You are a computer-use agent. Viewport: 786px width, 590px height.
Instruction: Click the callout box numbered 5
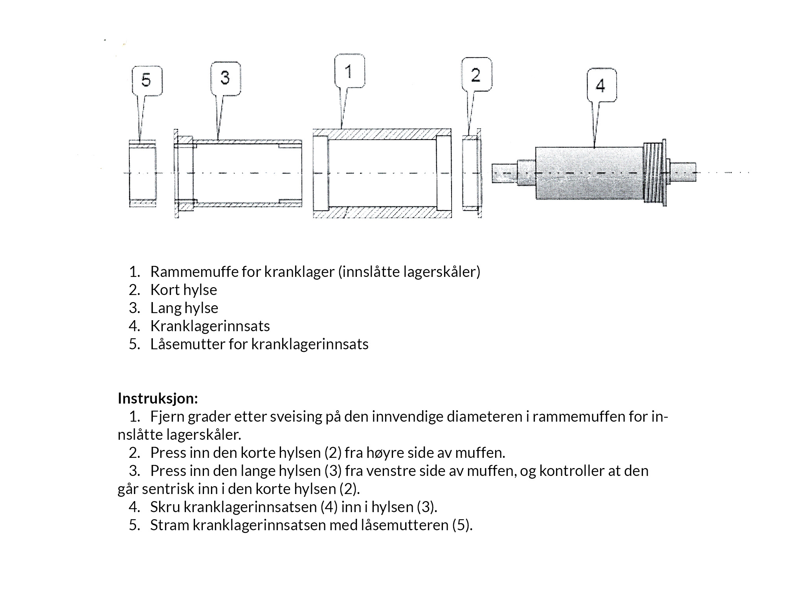point(146,81)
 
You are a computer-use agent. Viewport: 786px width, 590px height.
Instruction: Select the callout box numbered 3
point(225,78)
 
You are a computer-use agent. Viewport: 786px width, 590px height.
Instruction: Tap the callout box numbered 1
point(349,71)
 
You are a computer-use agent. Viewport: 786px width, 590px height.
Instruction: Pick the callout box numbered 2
point(476,75)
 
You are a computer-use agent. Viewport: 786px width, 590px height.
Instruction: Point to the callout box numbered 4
point(601,85)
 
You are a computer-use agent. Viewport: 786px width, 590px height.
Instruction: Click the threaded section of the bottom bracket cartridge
point(653,173)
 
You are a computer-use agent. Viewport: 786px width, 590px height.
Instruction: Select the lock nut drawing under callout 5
point(143,173)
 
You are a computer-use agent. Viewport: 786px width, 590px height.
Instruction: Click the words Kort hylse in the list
point(184,290)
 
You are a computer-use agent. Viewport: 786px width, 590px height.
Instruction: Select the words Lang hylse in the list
point(184,308)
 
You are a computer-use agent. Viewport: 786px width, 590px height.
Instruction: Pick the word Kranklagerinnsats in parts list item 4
point(210,326)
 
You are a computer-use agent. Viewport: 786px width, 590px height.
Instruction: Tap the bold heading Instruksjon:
point(158,398)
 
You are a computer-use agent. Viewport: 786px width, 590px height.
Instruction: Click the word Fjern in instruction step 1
point(167,417)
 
